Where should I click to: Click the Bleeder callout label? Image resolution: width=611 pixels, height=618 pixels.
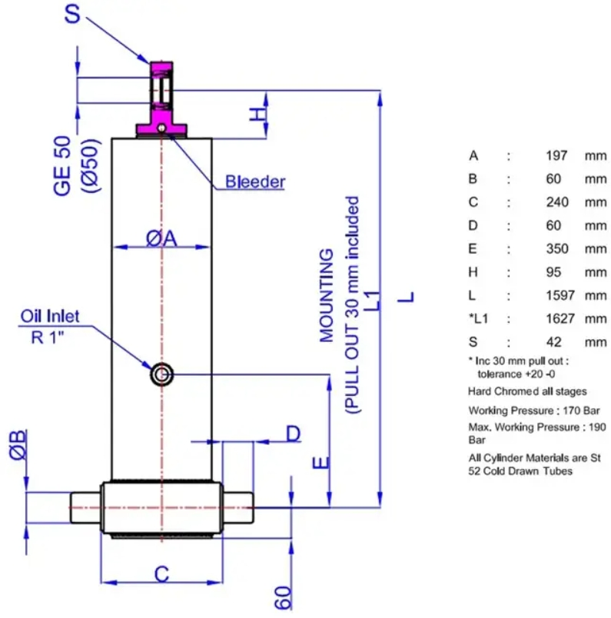(x=254, y=182)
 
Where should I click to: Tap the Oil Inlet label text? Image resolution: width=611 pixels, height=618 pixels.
(x=50, y=317)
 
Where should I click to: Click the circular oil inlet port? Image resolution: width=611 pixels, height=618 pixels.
(x=161, y=374)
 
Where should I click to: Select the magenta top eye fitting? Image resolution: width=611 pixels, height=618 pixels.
(x=161, y=99)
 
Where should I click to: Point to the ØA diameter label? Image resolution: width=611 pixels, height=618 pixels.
(x=161, y=238)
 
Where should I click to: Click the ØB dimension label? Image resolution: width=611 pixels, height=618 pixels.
(x=18, y=445)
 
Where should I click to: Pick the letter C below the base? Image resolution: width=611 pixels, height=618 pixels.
(x=161, y=574)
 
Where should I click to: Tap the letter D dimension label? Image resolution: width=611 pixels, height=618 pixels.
(x=294, y=434)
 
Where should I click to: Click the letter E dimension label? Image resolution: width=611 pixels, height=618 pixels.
(x=321, y=463)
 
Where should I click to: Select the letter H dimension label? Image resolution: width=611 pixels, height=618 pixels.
(x=258, y=115)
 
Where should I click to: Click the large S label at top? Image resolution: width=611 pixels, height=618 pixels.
(x=72, y=14)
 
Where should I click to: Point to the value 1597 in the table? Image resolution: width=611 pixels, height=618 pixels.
(x=560, y=295)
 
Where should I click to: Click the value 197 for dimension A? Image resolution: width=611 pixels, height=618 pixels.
(x=556, y=156)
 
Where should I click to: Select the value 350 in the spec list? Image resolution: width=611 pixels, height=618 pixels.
(x=557, y=249)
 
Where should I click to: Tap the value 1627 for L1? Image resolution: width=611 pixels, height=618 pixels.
(x=560, y=318)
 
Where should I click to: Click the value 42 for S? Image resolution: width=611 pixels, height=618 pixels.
(x=554, y=342)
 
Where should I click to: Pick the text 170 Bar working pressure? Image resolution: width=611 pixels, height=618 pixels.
(x=581, y=410)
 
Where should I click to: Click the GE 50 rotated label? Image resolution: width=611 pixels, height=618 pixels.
(x=62, y=165)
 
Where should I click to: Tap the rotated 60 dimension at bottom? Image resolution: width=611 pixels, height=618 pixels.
(x=283, y=598)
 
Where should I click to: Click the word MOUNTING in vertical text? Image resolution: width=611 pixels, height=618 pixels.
(x=327, y=296)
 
